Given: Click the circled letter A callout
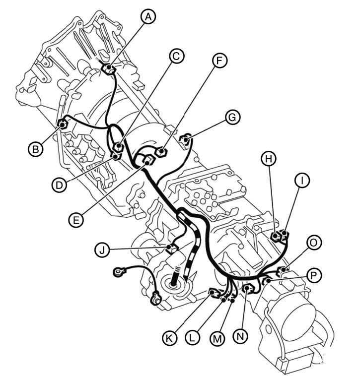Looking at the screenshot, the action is click(x=148, y=17).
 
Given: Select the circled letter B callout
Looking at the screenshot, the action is click(x=36, y=149).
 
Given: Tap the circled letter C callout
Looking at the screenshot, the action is click(x=176, y=57).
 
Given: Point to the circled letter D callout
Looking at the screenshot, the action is click(x=59, y=185).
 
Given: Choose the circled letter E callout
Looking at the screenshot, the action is click(x=76, y=220).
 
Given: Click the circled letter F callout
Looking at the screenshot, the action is click(x=219, y=61).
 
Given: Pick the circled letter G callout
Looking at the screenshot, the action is click(x=232, y=117).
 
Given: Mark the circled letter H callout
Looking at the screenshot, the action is click(x=269, y=159).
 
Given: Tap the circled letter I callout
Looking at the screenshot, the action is click(x=302, y=180).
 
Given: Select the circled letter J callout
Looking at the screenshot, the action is click(x=102, y=250).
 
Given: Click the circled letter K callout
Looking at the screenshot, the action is click(x=170, y=338).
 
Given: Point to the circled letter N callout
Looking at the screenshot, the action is click(x=240, y=337).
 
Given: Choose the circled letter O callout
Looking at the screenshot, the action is click(x=313, y=243).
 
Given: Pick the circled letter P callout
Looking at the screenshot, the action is click(x=313, y=275).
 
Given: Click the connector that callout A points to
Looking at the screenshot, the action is click(x=108, y=69).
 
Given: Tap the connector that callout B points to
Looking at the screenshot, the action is click(x=63, y=125).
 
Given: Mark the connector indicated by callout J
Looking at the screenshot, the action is click(x=171, y=249).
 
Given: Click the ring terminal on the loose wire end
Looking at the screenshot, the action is click(x=119, y=272).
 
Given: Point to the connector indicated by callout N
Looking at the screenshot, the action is click(x=248, y=289).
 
